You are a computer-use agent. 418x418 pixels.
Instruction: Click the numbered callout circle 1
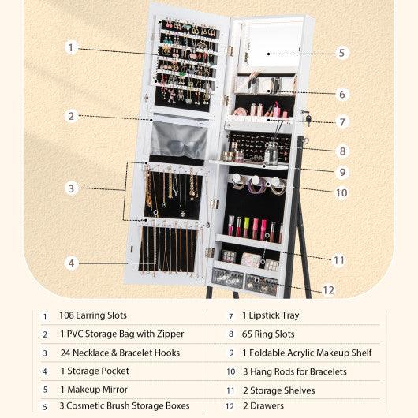70,47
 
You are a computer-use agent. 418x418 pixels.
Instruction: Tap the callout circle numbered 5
341,53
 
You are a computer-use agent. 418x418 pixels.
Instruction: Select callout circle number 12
328,289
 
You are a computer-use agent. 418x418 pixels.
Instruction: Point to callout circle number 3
70,188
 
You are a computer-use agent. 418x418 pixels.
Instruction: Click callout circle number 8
341,150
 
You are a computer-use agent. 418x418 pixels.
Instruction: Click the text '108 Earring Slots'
92,315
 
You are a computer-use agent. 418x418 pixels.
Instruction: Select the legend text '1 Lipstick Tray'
271,315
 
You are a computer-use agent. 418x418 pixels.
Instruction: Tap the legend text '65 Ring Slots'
268,334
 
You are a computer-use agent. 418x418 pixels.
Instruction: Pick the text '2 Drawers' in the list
262,406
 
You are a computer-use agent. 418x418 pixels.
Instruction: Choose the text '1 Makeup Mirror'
95,389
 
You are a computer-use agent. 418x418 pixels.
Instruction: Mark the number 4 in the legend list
45,371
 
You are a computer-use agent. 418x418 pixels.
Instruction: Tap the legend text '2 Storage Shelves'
278,390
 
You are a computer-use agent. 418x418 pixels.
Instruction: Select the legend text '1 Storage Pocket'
94,371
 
